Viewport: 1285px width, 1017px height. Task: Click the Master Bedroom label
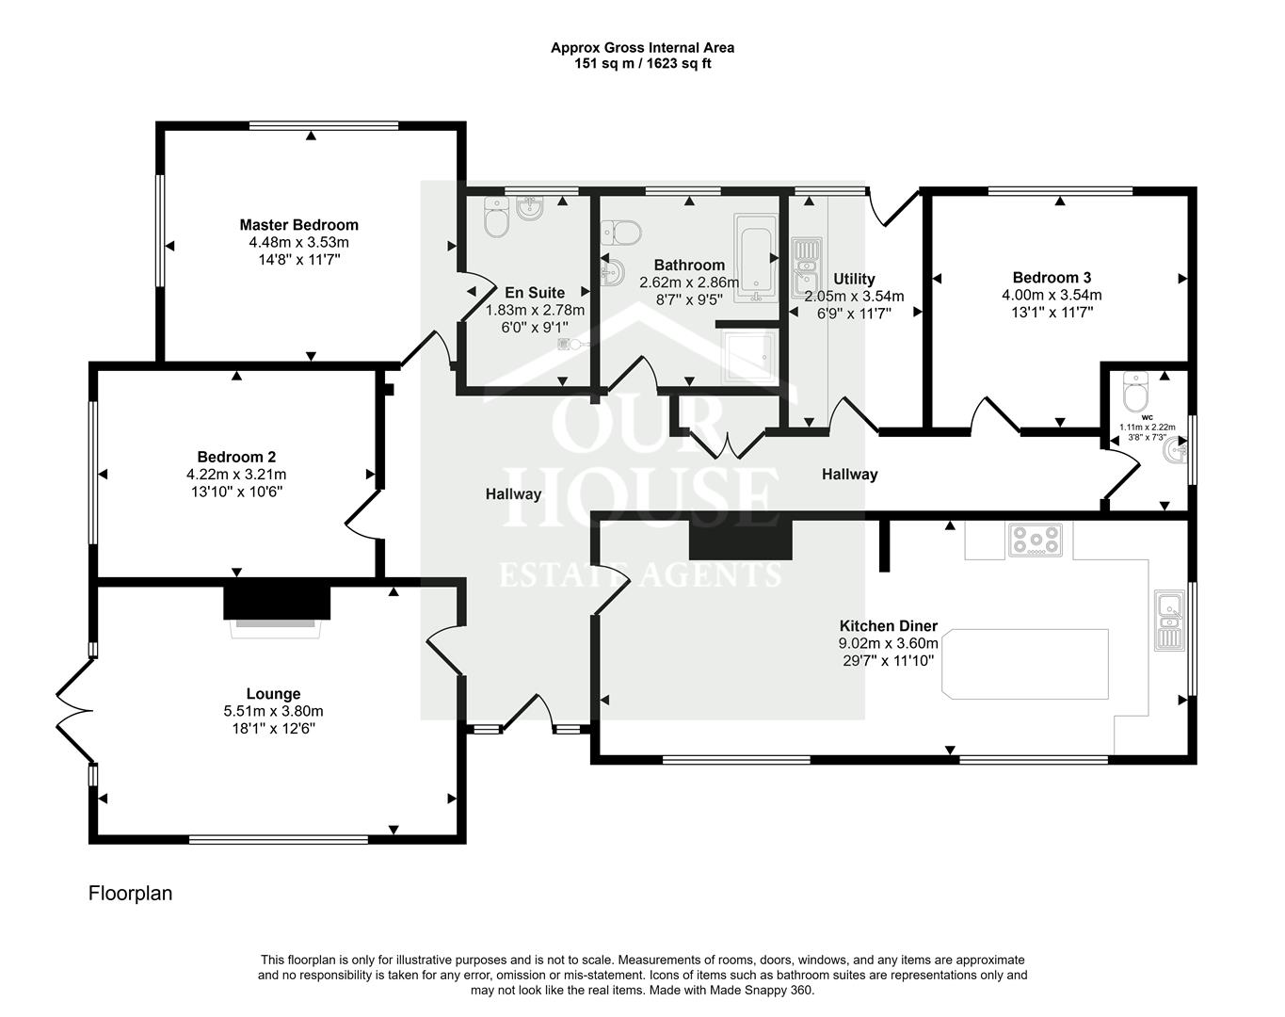coord(298,224)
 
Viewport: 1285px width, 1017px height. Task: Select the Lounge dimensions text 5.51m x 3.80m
coord(273,711)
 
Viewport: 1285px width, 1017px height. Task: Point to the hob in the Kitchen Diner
coord(1035,541)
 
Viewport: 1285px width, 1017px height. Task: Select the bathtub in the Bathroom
coord(755,256)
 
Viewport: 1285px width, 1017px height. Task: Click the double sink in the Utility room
coord(806,266)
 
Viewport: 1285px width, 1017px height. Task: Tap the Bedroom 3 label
coord(1052,277)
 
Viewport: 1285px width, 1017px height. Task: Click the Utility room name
coord(854,279)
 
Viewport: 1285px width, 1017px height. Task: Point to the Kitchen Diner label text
coord(888,626)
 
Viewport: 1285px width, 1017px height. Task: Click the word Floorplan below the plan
coord(131,893)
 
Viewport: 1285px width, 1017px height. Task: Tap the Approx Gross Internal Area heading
coord(642,47)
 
